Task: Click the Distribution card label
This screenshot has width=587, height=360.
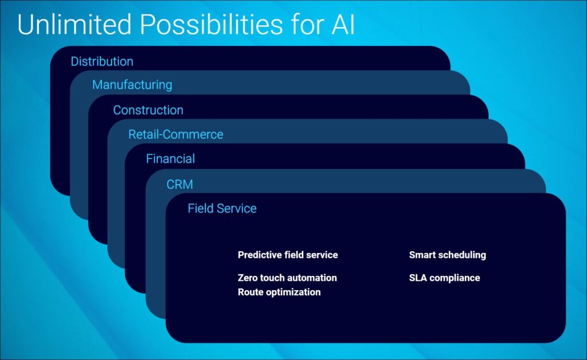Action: [x=102, y=61]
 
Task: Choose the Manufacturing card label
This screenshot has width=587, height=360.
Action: [x=132, y=85]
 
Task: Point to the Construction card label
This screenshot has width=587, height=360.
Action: [x=148, y=110]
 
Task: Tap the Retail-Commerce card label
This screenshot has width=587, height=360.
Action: [x=175, y=135]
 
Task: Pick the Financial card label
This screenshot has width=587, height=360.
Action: [x=170, y=159]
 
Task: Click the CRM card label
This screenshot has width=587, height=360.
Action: [x=179, y=185]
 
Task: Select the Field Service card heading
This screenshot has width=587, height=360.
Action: [x=222, y=208]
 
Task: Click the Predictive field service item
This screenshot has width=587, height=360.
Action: [x=288, y=255]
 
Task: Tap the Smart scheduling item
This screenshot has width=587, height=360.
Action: [x=447, y=255]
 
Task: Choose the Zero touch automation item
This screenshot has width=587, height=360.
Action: [x=287, y=277]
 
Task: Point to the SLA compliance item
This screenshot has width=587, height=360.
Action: [x=444, y=277]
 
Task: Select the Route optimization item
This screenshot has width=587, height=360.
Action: [x=279, y=292]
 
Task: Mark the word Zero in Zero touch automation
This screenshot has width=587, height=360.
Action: [x=248, y=277]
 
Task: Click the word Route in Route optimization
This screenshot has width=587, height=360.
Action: [x=250, y=292]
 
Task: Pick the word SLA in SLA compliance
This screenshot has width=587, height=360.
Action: [x=418, y=277]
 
